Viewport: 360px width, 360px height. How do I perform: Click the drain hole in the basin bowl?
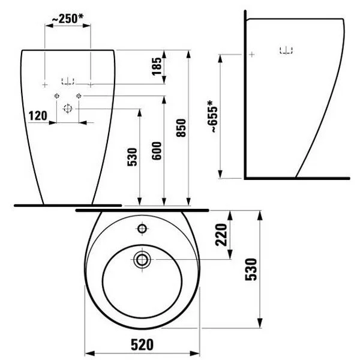click(143, 260)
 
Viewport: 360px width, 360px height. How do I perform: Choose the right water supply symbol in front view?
click(79, 95)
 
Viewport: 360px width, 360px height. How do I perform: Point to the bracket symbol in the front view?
click(68, 80)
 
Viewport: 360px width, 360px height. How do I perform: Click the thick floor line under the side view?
click(296, 178)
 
